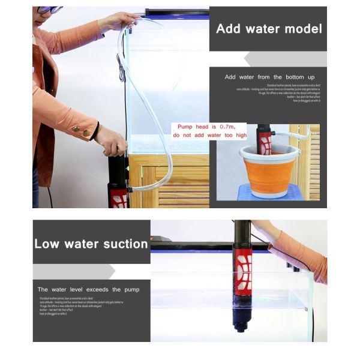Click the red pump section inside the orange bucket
(265, 145)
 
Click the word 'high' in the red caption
(240, 135)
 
